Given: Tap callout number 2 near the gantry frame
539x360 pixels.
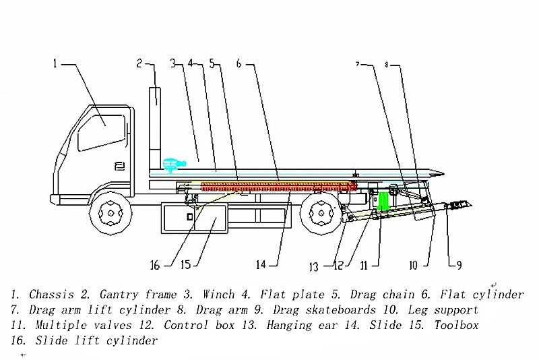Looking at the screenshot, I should click(139, 64).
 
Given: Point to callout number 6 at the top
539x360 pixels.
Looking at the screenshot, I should click(239, 64).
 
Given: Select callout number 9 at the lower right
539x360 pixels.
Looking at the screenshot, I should click(459, 266).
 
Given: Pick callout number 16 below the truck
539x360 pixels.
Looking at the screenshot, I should click(156, 265).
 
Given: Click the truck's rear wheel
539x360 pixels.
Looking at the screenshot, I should click(319, 215).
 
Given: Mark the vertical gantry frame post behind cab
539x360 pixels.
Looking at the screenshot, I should click(156, 118).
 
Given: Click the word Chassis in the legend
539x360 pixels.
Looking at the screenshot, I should click(51, 295).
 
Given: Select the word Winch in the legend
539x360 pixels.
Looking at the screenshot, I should click(218, 295).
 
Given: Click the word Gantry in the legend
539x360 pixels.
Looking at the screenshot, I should click(121, 295).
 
